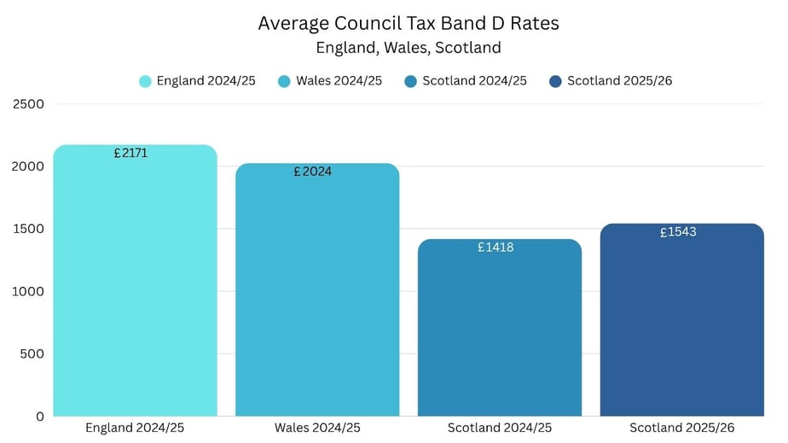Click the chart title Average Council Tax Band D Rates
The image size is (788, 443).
[408, 24]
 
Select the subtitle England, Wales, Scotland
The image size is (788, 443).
[408, 48]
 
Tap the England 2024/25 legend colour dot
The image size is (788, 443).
[146, 82]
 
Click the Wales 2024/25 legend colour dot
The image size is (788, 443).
[286, 82]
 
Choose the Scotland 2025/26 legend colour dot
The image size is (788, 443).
[556, 82]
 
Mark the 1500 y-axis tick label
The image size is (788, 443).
[29, 229]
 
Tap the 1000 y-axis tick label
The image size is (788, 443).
[29, 291]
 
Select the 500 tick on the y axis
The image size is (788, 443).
[33, 353]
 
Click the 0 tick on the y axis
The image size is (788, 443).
[39, 417]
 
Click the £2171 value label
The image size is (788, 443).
[130, 154]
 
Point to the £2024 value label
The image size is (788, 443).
[312, 172]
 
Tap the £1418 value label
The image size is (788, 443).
[495, 248]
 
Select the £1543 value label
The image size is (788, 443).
[678, 232]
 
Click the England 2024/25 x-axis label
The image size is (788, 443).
[135, 428]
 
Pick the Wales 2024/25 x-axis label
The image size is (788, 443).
[317, 428]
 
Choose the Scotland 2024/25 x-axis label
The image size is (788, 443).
[500, 428]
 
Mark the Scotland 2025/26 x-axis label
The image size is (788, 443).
[681, 428]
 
